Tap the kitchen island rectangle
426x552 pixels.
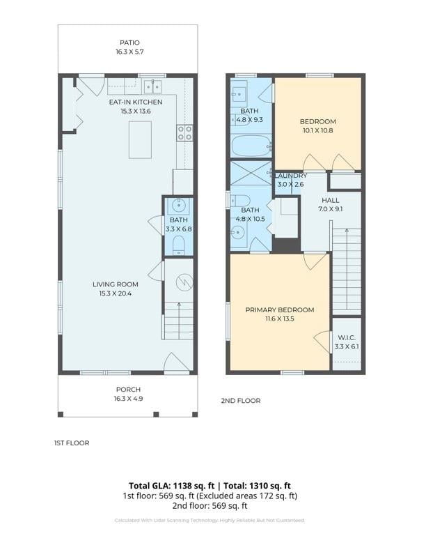(x=140, y=139)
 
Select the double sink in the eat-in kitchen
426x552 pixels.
(x=152, y=86)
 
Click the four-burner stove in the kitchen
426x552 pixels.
(x=184, y=133)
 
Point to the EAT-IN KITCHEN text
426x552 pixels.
(x=135, y=102)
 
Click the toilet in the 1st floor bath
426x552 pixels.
(x=178, y=244)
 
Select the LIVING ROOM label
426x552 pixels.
(x=116, y=284)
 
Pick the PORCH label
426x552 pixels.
(x=127, y=390)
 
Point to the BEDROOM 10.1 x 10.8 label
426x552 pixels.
(x=317, y=126)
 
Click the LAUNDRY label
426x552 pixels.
(x=291, y=176)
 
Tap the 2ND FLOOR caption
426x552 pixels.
(x=240, y=401)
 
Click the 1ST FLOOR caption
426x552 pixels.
(x=72, y=443)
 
